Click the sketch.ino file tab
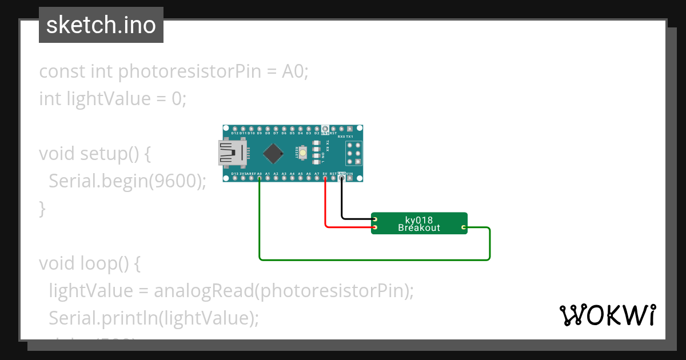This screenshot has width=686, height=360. point(101,25)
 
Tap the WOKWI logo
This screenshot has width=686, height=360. point(607,315)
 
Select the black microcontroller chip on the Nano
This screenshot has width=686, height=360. point(274,153)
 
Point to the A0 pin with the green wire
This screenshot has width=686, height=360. point(260,178)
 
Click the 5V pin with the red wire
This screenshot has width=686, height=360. point(325,178)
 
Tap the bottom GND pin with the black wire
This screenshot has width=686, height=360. point(342,178)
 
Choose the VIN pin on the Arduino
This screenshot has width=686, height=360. point(350,178)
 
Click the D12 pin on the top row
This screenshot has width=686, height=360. point(235,129)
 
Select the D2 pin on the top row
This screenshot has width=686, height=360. point(317,129)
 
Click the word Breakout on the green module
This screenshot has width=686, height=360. point(419,228)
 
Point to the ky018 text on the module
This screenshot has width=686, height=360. point(419,220)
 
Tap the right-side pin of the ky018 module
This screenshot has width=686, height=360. point(464,228)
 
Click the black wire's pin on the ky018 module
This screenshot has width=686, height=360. point(375,219)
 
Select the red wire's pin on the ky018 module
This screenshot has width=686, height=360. point(375,228)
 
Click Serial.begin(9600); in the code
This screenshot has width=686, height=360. point(127,181)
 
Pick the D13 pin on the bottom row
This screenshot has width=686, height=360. point(235,178)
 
